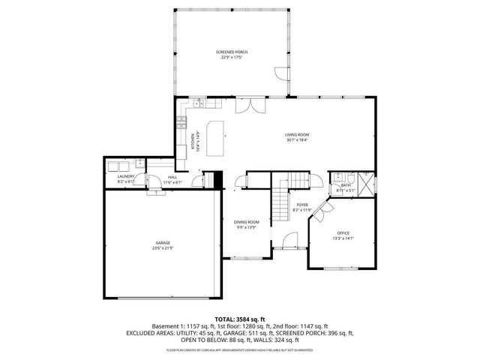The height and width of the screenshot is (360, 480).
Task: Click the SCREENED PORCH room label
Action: pyautogui.click(x=232, y=52)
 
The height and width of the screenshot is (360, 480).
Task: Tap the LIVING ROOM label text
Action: pyautogui.click(x=297, y=135)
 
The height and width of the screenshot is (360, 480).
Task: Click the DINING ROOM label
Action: pyautogui.click(x=246, y=222)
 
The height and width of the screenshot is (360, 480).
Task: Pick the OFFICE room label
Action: pyautogui.click(x=342, y=234)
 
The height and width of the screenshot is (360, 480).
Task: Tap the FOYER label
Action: pyautogui.click(x=301, y=204)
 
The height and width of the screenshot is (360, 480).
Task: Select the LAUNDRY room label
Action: pyautogui.click(x=125, y=176)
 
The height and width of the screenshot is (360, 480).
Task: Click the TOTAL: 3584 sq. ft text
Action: pyautogui.click(x=239, y=319)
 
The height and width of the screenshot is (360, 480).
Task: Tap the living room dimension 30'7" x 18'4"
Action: pyautogui.click(x=297, y=140)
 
